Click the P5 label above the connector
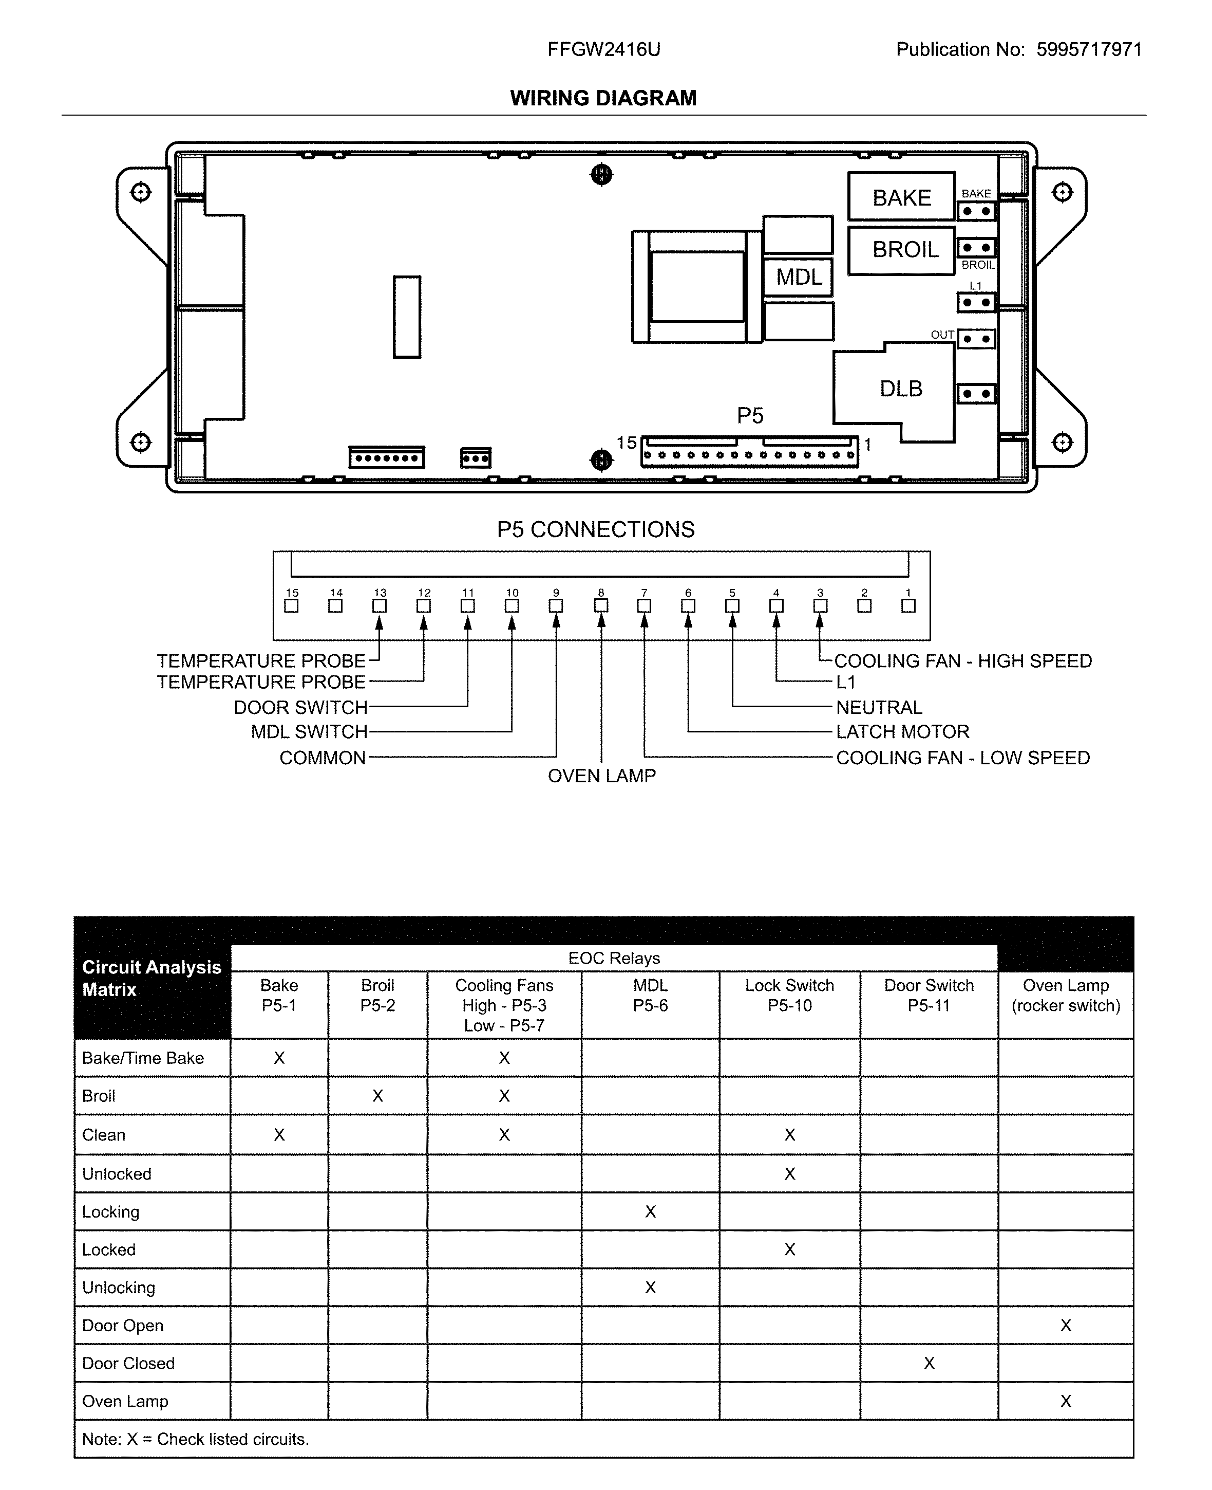750,416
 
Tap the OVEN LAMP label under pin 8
601,776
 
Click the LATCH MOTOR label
902,732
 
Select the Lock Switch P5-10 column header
789,996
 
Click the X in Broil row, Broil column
377,1096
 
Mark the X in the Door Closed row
929,1363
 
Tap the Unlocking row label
119,1287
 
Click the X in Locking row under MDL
650,1211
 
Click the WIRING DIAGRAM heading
603,98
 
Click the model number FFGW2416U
603,49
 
